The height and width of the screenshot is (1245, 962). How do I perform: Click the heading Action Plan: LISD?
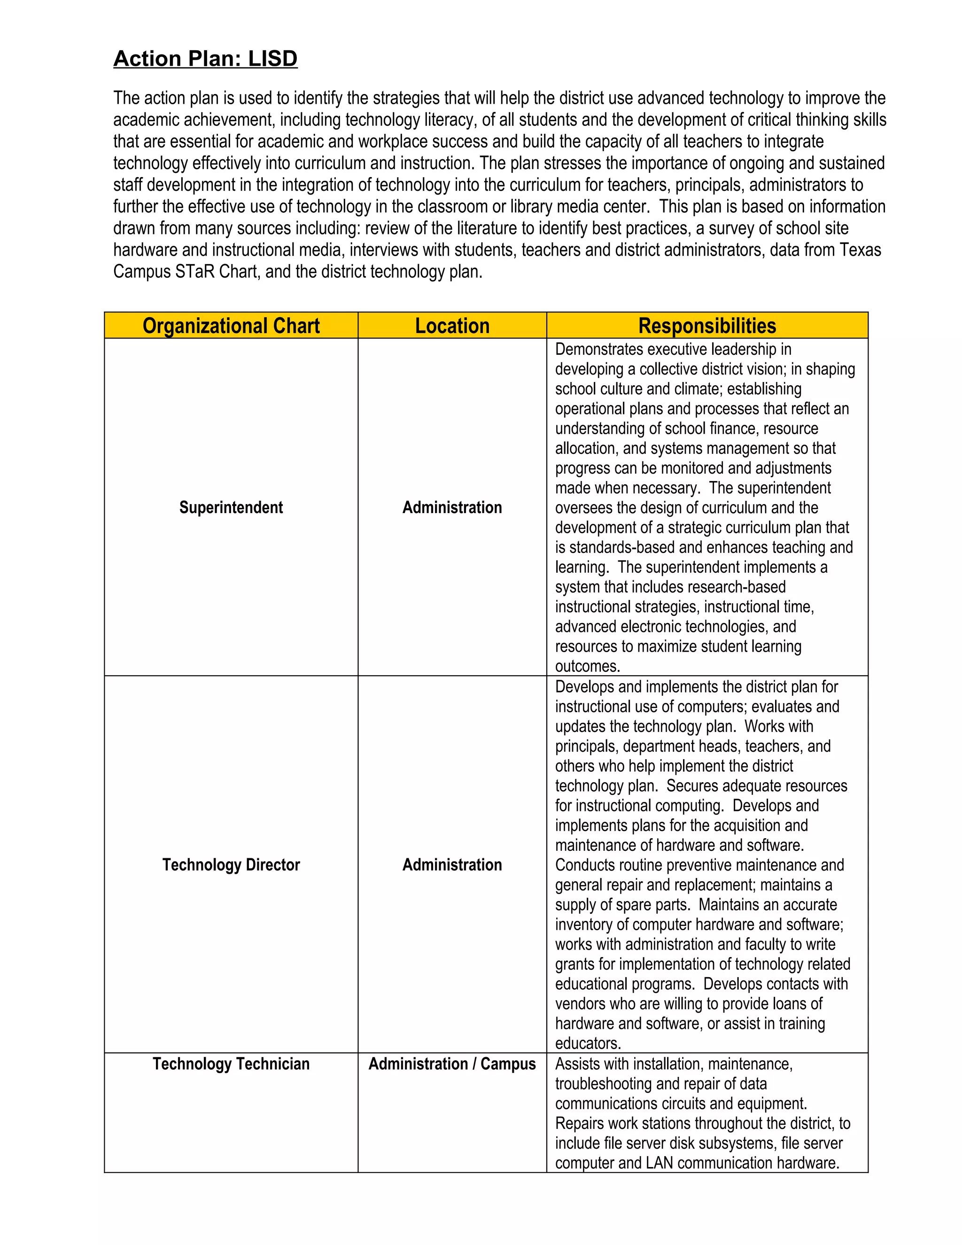tap(205, 59)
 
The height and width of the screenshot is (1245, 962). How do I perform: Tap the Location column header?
tap(452, 326)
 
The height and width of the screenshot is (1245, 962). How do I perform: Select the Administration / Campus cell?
tap(452, 1064)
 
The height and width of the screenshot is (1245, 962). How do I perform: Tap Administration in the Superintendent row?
tap(452, 507)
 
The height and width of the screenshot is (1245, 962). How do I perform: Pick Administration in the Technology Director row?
tap(452, 865)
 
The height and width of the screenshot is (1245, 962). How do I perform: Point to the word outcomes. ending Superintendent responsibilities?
tap(588, 666)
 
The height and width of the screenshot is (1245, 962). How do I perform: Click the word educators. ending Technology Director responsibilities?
tap(588, 1043)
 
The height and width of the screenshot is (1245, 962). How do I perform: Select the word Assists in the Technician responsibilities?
tap(577, 1064)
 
